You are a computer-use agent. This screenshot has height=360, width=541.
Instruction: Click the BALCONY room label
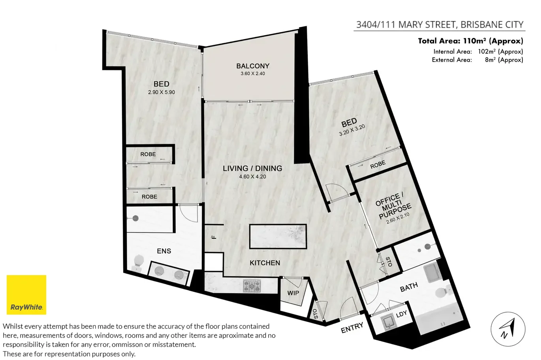[x=253, y=66]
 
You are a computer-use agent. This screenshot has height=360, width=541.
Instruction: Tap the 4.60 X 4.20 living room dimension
[x=252, y=177]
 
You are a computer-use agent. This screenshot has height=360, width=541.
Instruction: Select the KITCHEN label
[x=265, y=263]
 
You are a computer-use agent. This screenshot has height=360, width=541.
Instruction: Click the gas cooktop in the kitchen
[x=252, y=286]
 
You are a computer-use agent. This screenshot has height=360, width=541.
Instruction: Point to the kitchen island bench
[x=278, y=236]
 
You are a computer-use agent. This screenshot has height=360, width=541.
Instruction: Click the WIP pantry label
[x=293, y=293]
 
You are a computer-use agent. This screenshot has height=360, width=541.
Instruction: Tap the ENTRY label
[x=352, y=327]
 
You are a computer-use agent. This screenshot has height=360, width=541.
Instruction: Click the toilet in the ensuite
[x=138, y=262]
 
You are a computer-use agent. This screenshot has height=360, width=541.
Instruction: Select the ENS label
[x=164, y=251]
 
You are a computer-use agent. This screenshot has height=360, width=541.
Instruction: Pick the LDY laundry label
[x=401, y=314]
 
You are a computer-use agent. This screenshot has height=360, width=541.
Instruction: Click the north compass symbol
[x=508, y=329]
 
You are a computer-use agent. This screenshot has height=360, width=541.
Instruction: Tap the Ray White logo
[x=26, y=295]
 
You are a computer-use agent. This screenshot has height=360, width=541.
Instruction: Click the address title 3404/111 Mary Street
[x=440, y=24]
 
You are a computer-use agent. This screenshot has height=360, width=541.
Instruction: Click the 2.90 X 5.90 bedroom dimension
[x=162, y=92]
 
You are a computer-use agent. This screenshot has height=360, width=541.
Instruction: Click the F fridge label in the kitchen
[x=214, y=237]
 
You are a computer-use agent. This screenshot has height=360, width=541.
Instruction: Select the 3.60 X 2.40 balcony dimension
[x=253, y=74]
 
